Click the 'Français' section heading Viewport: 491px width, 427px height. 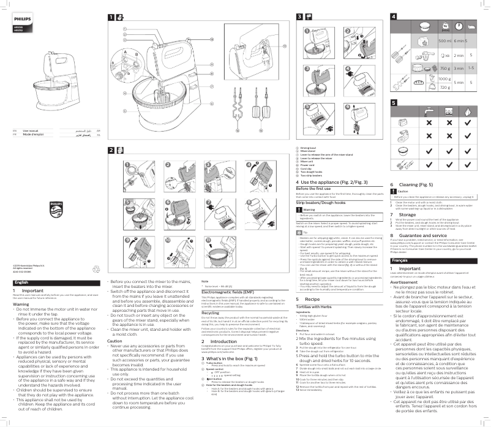tap(399, 260)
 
